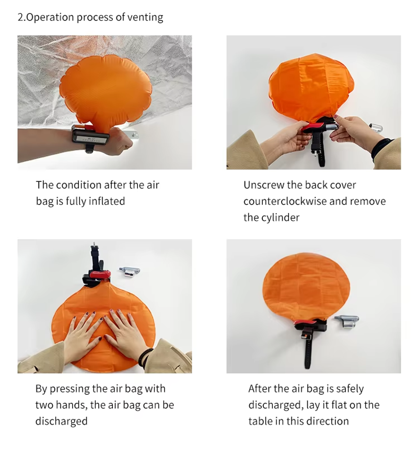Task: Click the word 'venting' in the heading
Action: tap(145, 17)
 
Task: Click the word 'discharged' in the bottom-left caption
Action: tap(61, 421)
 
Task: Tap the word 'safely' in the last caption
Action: tap(350, 388)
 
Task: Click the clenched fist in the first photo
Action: tap(121, 141)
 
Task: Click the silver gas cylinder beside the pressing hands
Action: tap(130, 271)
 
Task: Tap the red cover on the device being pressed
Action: tap(100, 274)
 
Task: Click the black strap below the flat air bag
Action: tap(308, 350)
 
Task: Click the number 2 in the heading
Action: tap(20, 17)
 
